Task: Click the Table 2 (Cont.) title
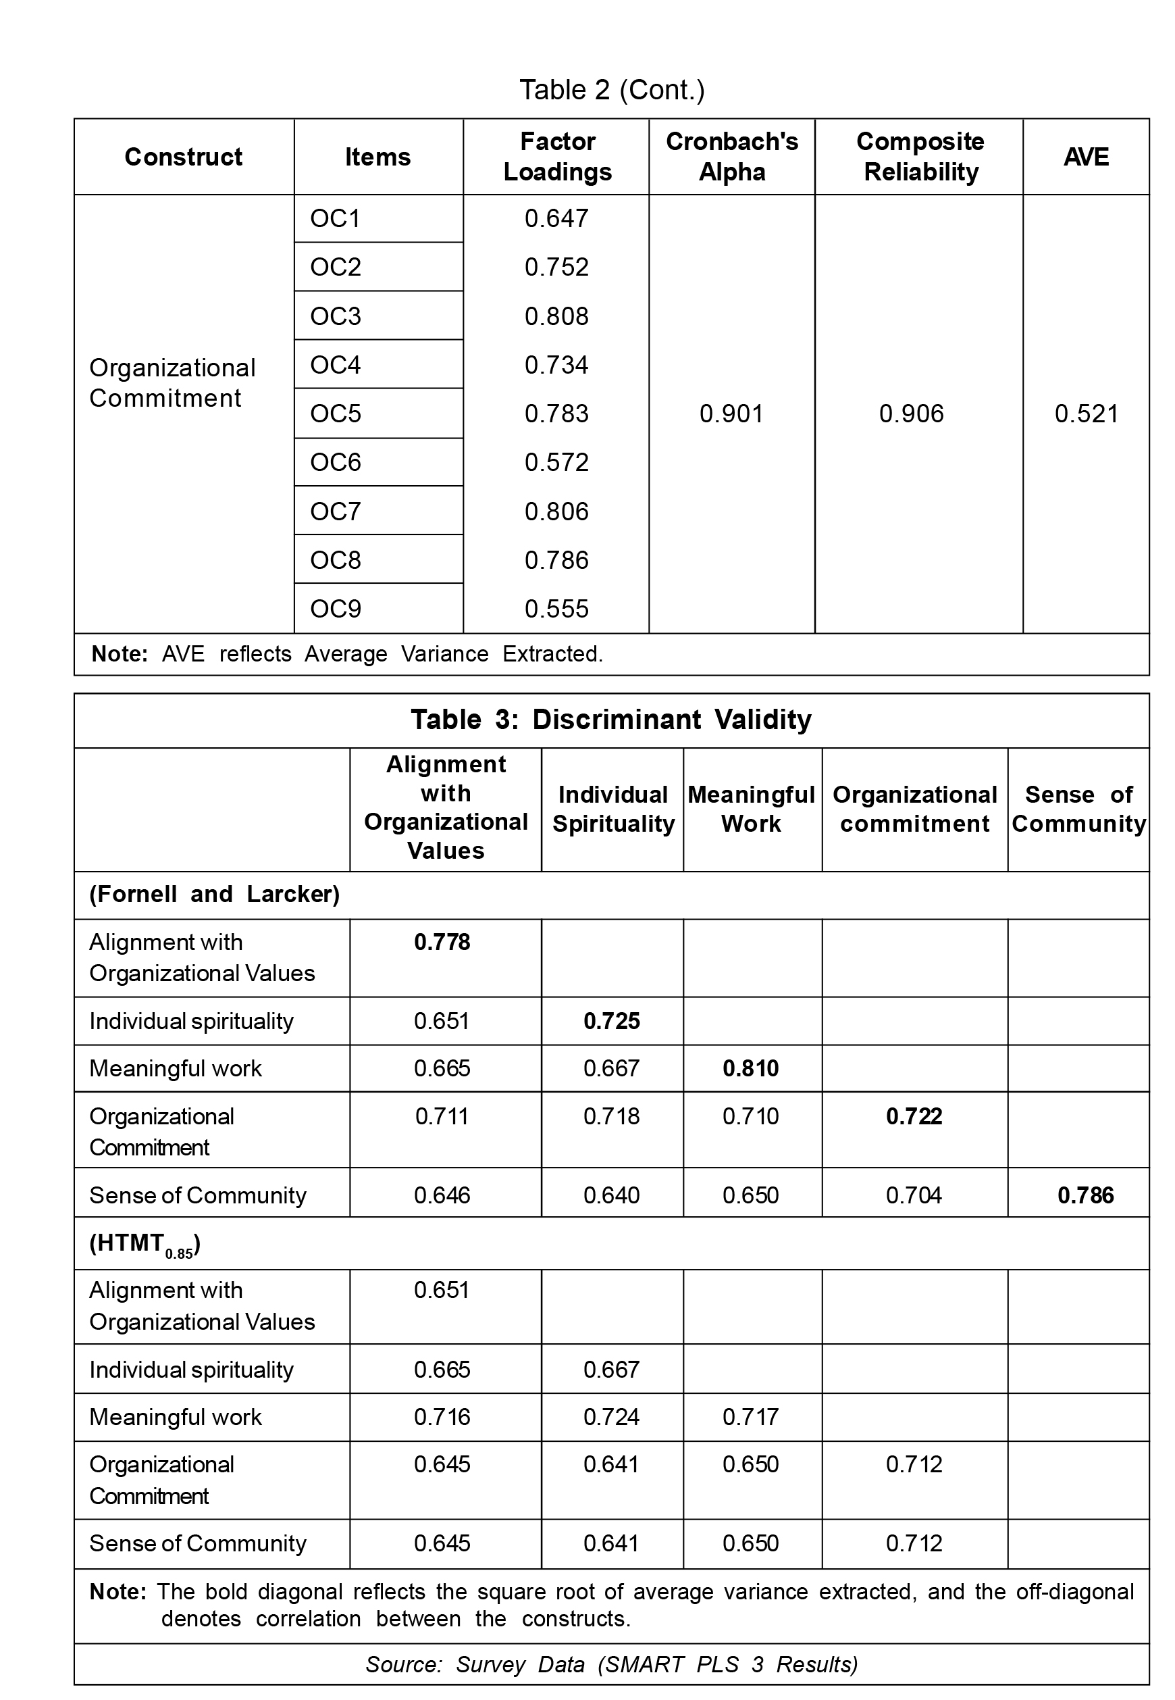coord(612,90)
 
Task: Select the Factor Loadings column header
coord(557,157)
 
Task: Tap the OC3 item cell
coord(336,316)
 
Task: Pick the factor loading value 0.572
coord(556,462)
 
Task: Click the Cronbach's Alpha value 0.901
coord(731,414)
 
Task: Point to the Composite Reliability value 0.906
coord(912,414)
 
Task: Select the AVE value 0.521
coord(1086,414)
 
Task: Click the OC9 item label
coord(336,608)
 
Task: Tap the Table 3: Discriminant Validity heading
coord(611,720)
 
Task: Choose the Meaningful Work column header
coord(751,809)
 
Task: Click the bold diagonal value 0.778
coord(442,942)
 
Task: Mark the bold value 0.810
coord(750,1068)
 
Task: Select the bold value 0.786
coord(1085,1195)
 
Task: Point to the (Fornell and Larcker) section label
coord(214,894)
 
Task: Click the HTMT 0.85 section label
coord(145,1245)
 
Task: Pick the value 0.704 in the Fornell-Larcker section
coord(914,1195)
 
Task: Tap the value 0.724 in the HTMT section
coord(611,1416)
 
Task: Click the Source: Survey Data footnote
coord(611,1665)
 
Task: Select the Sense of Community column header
coord(1078,809)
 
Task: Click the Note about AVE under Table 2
coord(346,654)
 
